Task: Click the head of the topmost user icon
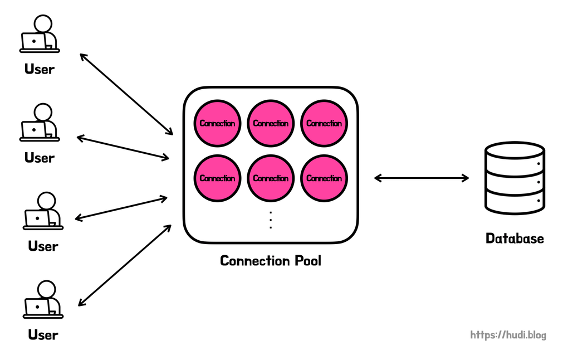(x=43, y=24)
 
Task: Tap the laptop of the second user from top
(x=33, y=130)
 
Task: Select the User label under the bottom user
(x=43, y=335)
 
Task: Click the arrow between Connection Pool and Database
(x=421, y=178)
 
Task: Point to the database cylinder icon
(x=514, y=178)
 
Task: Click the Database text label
(x=514, y=239)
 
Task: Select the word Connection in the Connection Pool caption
(x=255, y=261)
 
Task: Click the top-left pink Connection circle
(x=217, y=123)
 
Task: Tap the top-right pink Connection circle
(x=324, y=123)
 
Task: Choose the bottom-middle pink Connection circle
(x=271, y=178)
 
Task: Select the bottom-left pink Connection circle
(x=217, y=178)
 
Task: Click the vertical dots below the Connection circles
(x=271, y=220)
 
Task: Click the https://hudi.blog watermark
(x=508, y=335)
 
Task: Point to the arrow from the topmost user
(x=126, y=94)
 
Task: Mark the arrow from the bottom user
(x=125, y=265)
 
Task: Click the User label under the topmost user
(x=40, y=70)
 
